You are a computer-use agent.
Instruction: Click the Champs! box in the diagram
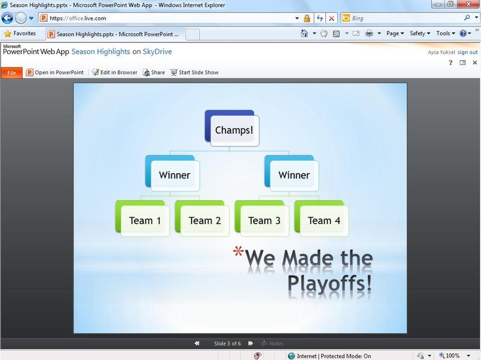[232, 128]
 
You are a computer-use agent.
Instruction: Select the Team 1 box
[143, 218]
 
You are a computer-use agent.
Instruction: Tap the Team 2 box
[202, 218]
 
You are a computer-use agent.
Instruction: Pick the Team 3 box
[262, 218]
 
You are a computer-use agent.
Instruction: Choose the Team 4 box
[321, 218]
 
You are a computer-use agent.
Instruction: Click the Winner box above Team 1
[173, 173]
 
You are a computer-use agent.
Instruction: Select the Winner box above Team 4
[292, 173]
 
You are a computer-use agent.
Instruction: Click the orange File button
[12, 73]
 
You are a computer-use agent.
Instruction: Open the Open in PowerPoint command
[55, 72]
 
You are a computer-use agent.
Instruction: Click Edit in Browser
[115, 72]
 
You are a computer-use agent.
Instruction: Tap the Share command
[154, 72]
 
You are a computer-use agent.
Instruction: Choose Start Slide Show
[195, 72]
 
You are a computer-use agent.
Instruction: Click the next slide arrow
[251, 344]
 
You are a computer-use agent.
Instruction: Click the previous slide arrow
[197, 344]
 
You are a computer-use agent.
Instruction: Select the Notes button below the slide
[272, 344]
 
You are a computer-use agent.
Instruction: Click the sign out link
[467, 53]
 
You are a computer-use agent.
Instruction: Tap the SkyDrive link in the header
[157, 52]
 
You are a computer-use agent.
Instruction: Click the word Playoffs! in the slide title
[330, 283]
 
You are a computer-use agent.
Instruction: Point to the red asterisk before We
[238, 251]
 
